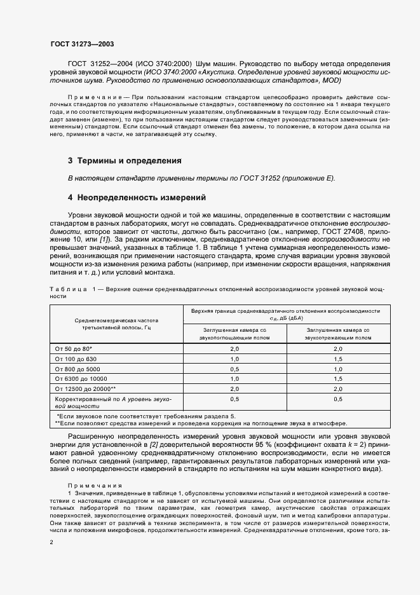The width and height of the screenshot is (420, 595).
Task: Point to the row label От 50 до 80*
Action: click(x=74, y=349)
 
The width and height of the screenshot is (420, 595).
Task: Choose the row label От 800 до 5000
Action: click(x=78, y=369)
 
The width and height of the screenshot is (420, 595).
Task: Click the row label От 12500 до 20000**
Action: click(x=86, y=388)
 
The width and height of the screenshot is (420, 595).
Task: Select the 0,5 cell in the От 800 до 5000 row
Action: click(x=234, y=369)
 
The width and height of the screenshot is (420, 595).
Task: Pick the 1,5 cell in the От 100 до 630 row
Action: click(x=337, y=359)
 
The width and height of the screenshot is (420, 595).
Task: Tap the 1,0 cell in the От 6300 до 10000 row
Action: click(x=234, y=378)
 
